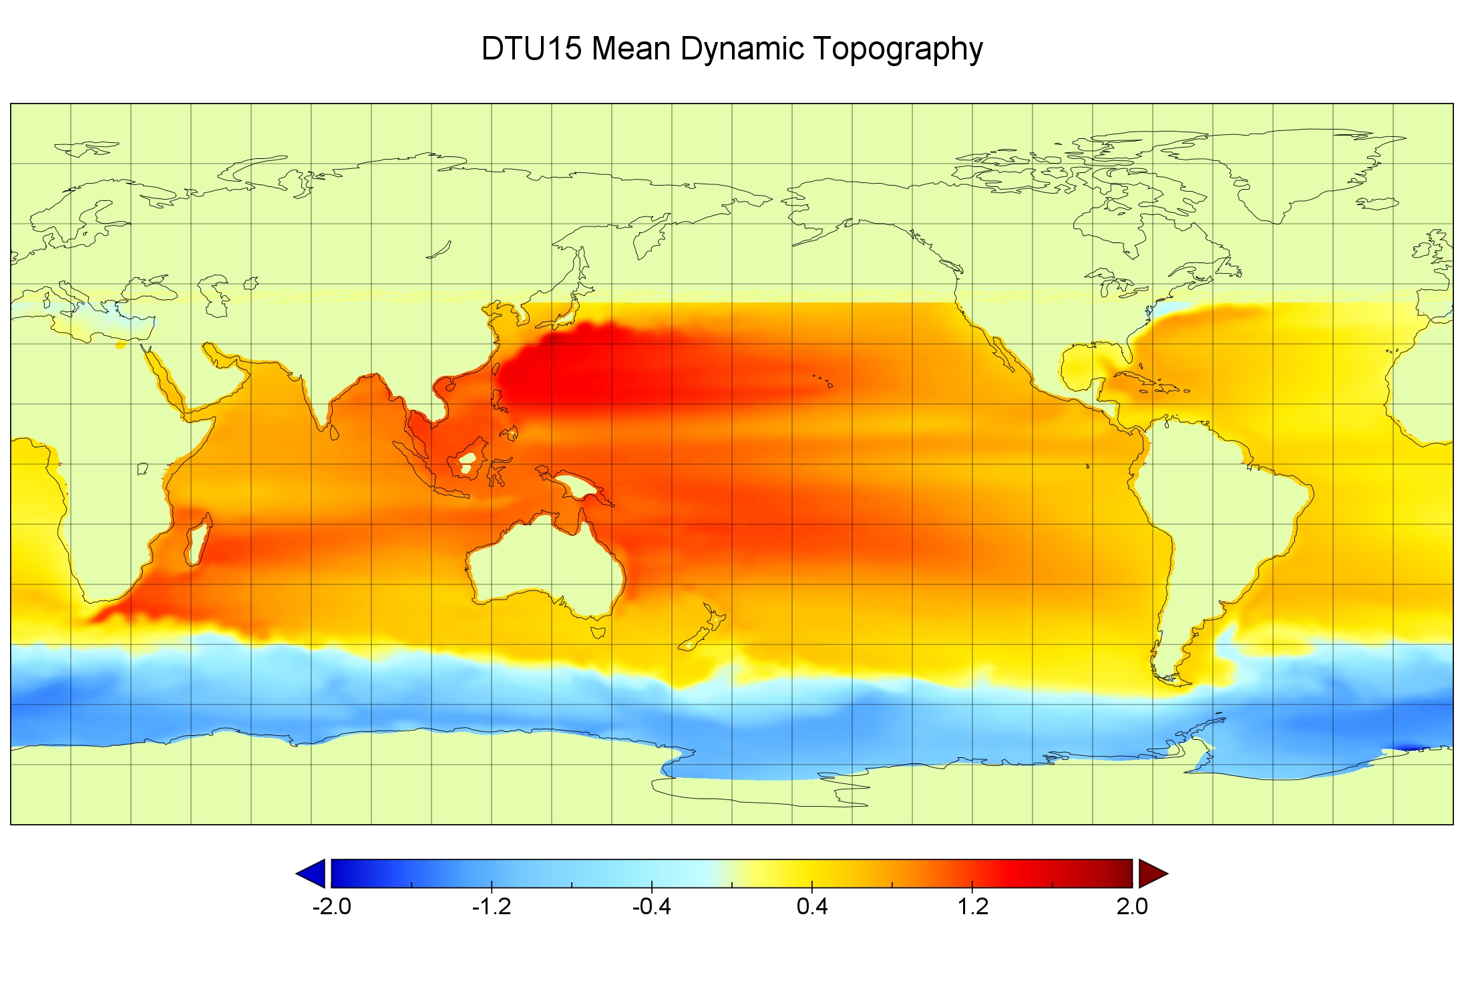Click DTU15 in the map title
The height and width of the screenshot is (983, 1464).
pyautogui.click(x=532, y=49)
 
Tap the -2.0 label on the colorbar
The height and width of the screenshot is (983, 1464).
pyautogui.click(x=331, y=906)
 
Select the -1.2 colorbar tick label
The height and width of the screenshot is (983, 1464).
pyautogui.click(x=492, y=906)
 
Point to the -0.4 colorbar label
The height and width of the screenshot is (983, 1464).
pyautogui.click(x=652, y=906)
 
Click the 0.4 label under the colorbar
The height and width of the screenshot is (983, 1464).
pyautogui.click(x=812, y=906)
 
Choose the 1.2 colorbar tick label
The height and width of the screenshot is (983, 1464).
pyautogui.click(x=972, y=906)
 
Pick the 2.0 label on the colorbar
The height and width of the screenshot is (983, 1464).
pyautogui.click(x=1132, y=906)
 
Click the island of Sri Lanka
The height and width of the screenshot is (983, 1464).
pyautogui.click(x=335, y=433)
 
